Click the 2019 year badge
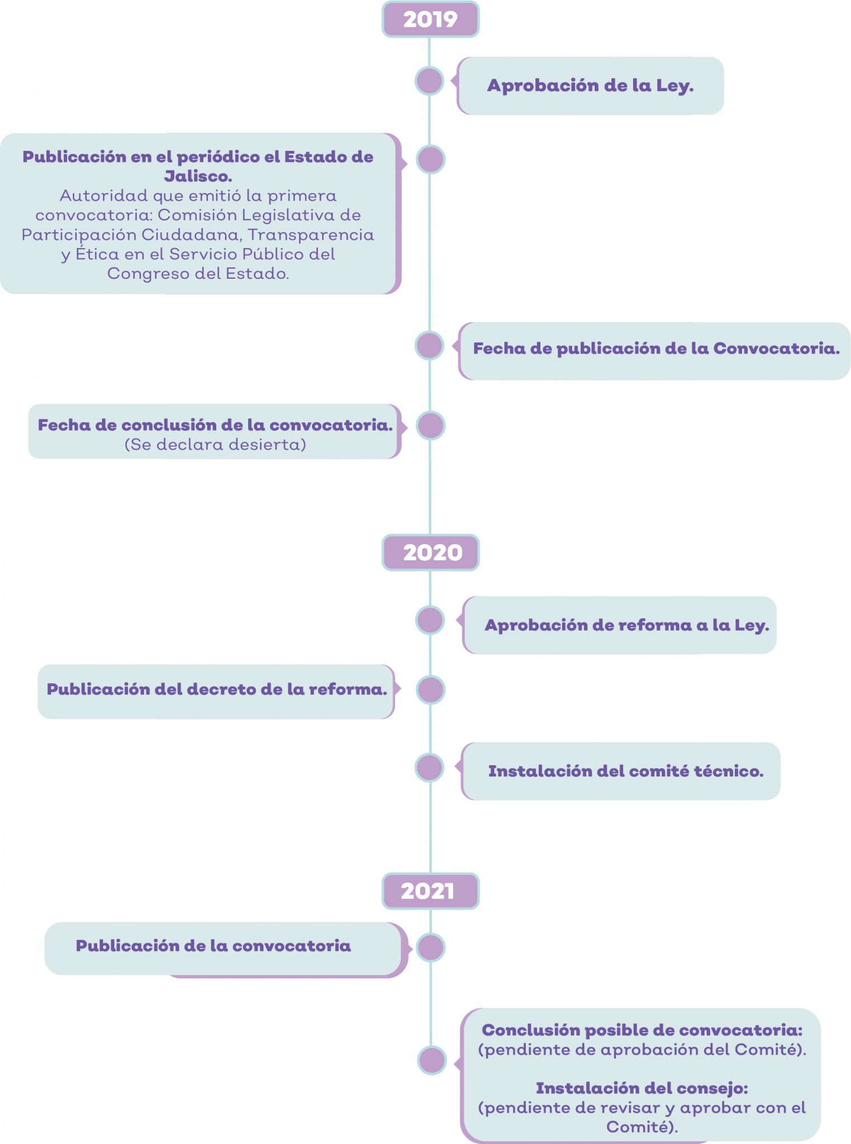point(430,20)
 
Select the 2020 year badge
point(430,552)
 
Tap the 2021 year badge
point(430,891)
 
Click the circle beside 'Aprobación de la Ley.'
point(429,80)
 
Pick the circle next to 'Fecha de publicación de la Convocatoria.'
point(429,345)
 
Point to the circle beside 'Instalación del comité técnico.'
point(429,767)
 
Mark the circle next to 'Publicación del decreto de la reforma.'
point(430,690)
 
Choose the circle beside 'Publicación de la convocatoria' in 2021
point(431,947)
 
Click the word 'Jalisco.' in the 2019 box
point(198,177)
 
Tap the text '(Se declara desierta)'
point(215,445)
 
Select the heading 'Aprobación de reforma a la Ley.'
point(627,625)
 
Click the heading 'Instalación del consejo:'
point(642,1088)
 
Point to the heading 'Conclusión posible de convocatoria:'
point(642,1030)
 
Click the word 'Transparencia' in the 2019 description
point(311,235)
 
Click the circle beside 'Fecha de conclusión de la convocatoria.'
point(430,426)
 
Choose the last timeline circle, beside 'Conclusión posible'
point(432,1060)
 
